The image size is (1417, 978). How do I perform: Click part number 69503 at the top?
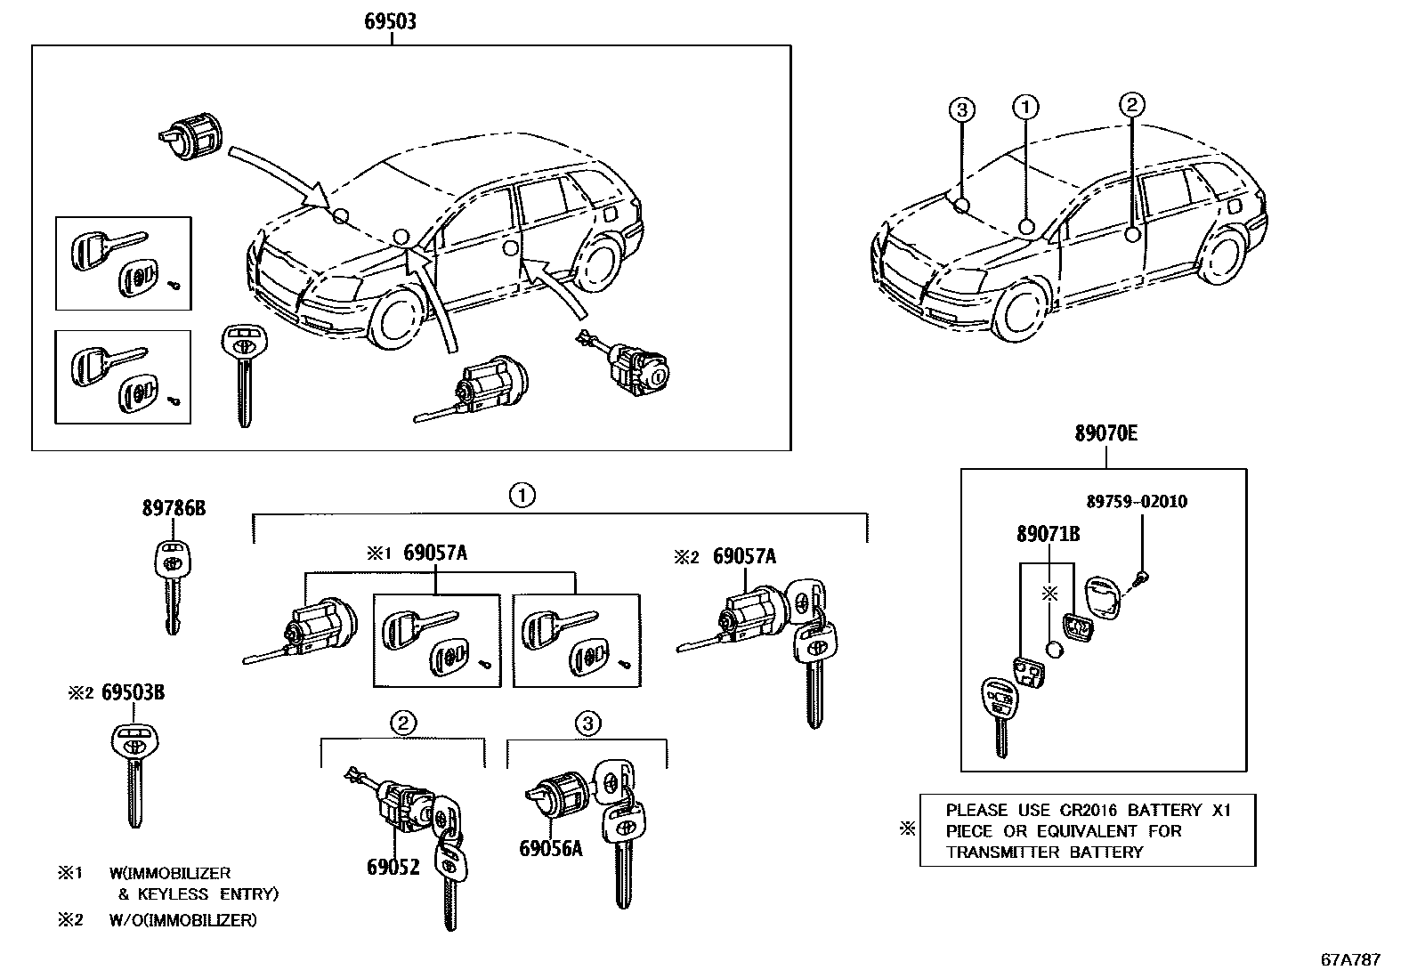(x=389, y=20)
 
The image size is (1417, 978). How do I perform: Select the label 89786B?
(x=174, y=508)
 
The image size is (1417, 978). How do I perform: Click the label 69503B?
(x=133, y=692)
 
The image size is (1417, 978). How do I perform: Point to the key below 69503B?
(x=133, y=774)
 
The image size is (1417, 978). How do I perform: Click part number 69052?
(x=393, y=866)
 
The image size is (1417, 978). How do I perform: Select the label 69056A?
(x=550, y=848)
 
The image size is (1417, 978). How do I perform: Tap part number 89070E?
(x=1105, y=434)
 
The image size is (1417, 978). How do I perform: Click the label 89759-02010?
(x=1136, y=501)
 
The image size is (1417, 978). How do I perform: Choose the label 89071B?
(x=1049, y=534)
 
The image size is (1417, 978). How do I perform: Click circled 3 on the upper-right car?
(x=961, y=109)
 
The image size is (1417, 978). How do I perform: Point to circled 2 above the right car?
(x=1131, y=106)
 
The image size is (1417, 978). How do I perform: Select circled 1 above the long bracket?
(x=522, y=494)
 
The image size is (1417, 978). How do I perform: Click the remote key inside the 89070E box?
(x=997, y=712)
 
